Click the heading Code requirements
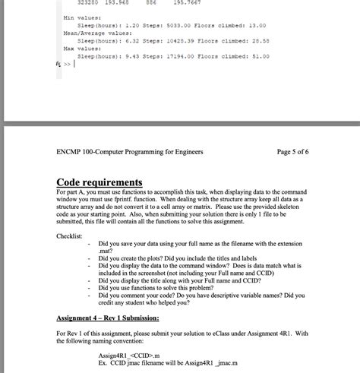coord(99,183)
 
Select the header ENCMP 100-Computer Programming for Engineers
coord(130,152)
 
